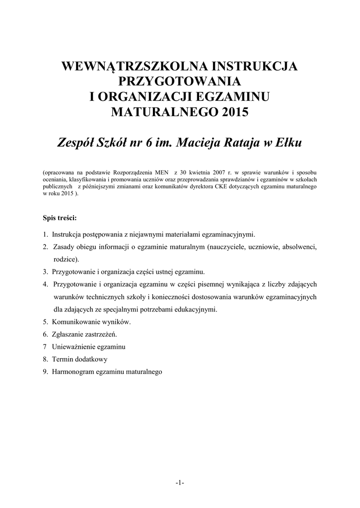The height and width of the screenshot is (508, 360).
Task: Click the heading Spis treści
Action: click(x=60, y=217)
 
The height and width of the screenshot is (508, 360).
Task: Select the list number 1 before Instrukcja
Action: click(x=45, y=234)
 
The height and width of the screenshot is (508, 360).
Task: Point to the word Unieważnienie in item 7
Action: click(x=72, y=346)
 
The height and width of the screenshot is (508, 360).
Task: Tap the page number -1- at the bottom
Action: click(x=180, y=483)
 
